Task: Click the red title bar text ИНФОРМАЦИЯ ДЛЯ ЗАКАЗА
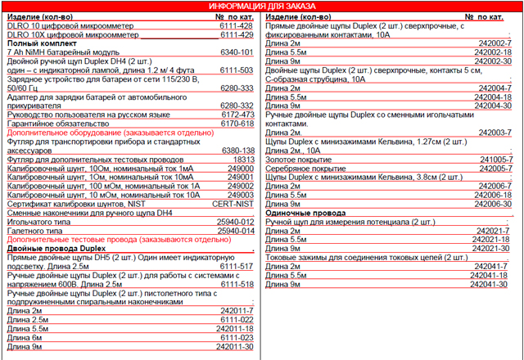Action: [x=261, y=7]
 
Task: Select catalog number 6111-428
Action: [x=237, y=26]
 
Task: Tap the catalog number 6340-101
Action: [x=237, y=52]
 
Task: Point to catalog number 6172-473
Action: [x=237, y=115]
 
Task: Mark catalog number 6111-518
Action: [x=237, y=283]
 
